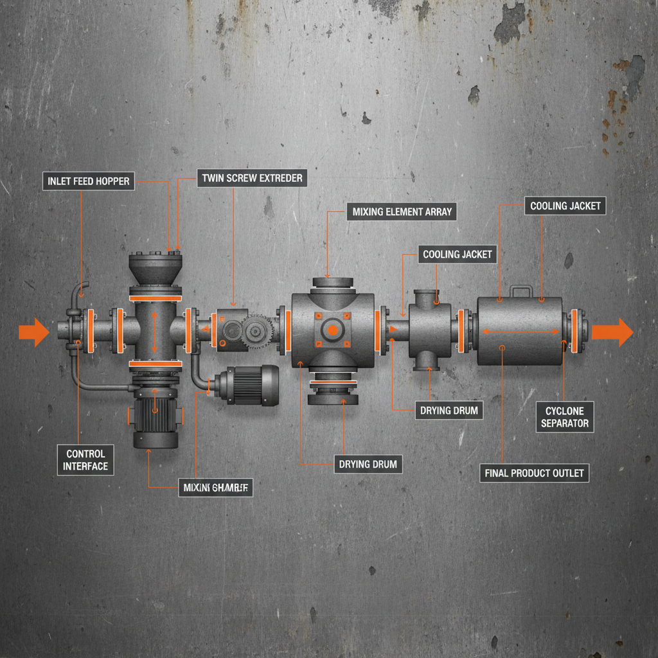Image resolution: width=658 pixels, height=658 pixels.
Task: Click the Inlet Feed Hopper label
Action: pyautogui.click(x=89, y=181)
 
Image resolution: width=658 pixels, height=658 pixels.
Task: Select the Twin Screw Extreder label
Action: pyautogui.click(x=252, y=178)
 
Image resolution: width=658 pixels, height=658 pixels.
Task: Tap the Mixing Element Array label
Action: pyautogui.click(x=402, y=211)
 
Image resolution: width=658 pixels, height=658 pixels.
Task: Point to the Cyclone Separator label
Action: pyautogui.click(x=564, y=417)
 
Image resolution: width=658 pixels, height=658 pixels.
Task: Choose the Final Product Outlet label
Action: pyautogui.click(x=534, y=473)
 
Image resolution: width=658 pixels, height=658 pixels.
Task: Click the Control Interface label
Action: pyautogui.click(x=85, y=460)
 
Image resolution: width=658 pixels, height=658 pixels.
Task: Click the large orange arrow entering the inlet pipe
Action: pyautogui.click(x=34, y=332)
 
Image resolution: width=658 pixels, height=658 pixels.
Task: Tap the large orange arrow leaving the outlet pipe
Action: pyautogui.click(x=612, y=332)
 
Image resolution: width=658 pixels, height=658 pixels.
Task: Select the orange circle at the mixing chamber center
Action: pyautogui.click(x=333, y=330)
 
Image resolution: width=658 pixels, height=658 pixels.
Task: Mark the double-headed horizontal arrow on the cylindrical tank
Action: pyautogui.click(x=520, y=332)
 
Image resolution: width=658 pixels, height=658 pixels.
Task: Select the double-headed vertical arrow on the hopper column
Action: pyautogui.click(x=154, y=332)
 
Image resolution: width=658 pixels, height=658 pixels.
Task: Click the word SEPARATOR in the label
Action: pyautogui.click(x=564, y=423)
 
